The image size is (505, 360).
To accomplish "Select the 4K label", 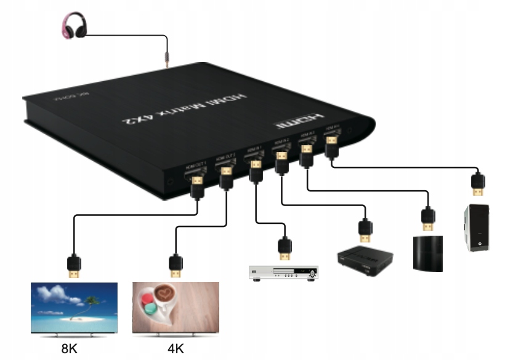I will (x=176, y=349).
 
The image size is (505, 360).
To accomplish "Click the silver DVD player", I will (x=284, y=273).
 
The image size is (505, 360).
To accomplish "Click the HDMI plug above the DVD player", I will (x=284, y=247).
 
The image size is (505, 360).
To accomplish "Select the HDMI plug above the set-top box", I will (x=365, y=230).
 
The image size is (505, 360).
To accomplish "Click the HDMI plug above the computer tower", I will (x=477, y=184).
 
